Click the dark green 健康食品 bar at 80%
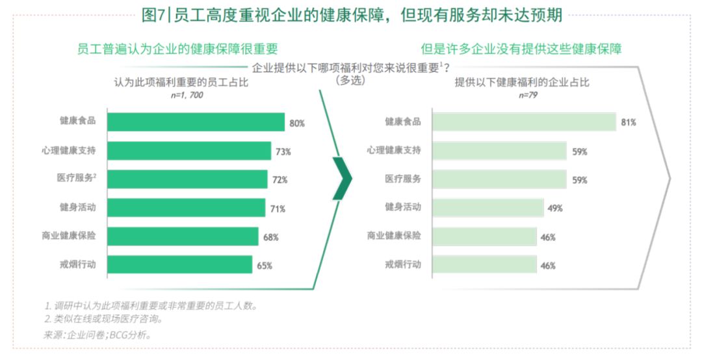click(x=196, y=122)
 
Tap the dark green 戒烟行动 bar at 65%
click(x=179, y=264)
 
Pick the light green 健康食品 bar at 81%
click(x=524, y=122)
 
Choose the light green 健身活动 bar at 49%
click(x=487, y=208)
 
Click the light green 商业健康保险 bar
click(x=484, y=237)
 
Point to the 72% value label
click(x=279, y=180)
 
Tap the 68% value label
click(x=270, y=237)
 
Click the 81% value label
click(x=629, y=122)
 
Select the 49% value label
click(x=555, y=209)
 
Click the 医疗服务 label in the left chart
click(x=77, y=178)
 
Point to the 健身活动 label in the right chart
click(x=402, y=207)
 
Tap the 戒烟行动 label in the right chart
click(x=402, y=264)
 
